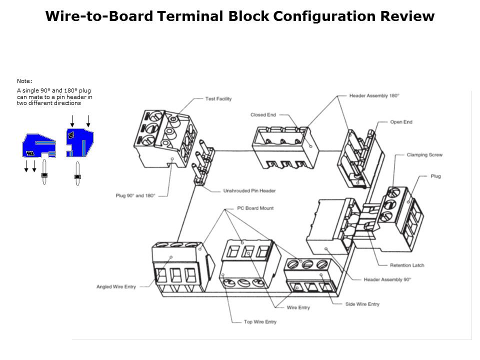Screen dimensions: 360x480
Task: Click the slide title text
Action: pyautogui.click(x=239, y=16)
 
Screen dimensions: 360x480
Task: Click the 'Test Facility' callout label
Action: pyautogui.click(x=218, y=99)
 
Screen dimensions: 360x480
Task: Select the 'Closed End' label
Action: pyautogui.click(x=263, y=115)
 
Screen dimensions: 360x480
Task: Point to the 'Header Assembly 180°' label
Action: pyautogui.click(x=374, y=95)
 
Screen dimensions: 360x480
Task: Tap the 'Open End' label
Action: pyautogui.click(x=401, y=122)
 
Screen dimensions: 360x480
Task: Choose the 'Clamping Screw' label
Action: pyautogui.click(x=424, y=155)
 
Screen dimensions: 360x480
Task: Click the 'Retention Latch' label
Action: pyautogui.click(x=407, y=265)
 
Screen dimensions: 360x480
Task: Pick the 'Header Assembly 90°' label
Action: pyautogui.click(x=387, y=279)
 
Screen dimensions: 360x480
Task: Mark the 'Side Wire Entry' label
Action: pyautogui.click(x=362, y=304)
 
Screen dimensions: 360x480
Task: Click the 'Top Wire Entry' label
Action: pyautogui.click(x=260, y=322)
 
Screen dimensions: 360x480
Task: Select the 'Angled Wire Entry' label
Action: pyautogui.click(x=116, y=287)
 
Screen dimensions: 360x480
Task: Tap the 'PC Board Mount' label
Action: pyautogui.click(x=255, y=208)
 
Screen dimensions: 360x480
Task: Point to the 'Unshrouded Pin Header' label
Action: pyautogui.click(x=249, y=191)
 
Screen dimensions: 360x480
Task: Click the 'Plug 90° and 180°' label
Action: pyautogui.click(x=135, y=195)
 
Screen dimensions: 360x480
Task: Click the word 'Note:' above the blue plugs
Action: pyautogui.click(x=24, y=80)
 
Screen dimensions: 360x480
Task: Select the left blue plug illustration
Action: pyautogui.click(x=37, y=145)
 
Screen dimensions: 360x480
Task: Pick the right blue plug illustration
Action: pyautogui.click(x=80, y=142)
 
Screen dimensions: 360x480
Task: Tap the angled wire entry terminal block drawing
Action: pyautogui.click(x=177, y=270)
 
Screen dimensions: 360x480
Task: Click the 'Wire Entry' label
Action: pyautogui.click(x=298, y=307)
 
